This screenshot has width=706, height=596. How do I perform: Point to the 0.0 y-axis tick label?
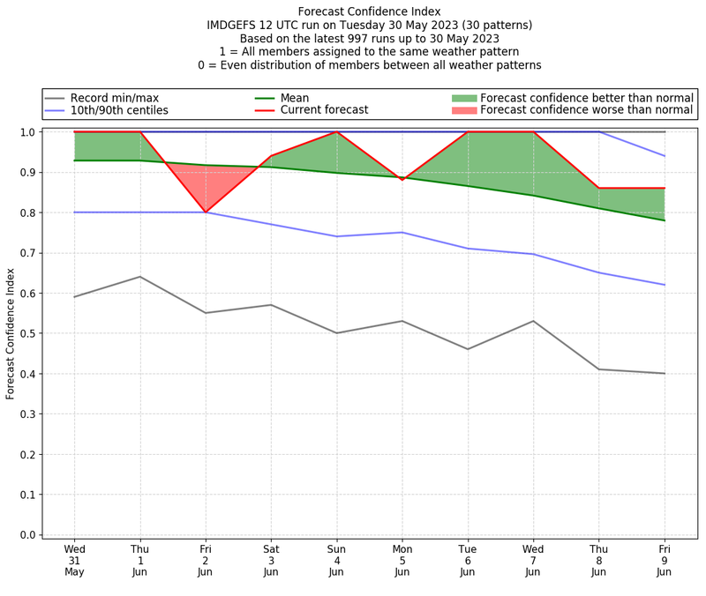click(x=26, y=535)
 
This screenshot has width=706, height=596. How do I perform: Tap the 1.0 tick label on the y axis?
click(x=26, y=132)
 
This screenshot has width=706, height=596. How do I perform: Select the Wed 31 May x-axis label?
click(x=74, y=560)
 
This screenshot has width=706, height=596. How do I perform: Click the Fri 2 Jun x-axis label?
click(x=206, y=560)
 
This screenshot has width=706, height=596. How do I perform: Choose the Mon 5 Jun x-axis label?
click(x=402, y=560)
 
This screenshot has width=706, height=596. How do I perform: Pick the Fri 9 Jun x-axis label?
click(x=665, y=560)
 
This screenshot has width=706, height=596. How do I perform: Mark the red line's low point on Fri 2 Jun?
click(x=206, y=212)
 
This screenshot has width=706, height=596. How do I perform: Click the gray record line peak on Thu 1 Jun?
click(x=139, y=277)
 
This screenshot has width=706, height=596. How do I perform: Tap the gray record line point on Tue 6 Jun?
click(x=468, y=349)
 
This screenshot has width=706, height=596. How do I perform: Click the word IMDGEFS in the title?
click(x=236, y=26)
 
